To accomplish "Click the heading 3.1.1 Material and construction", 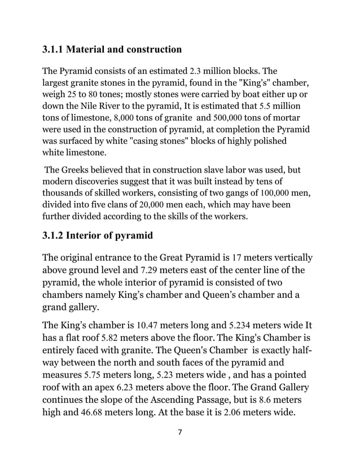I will (112, 50).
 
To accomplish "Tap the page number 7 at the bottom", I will (179, 433).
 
